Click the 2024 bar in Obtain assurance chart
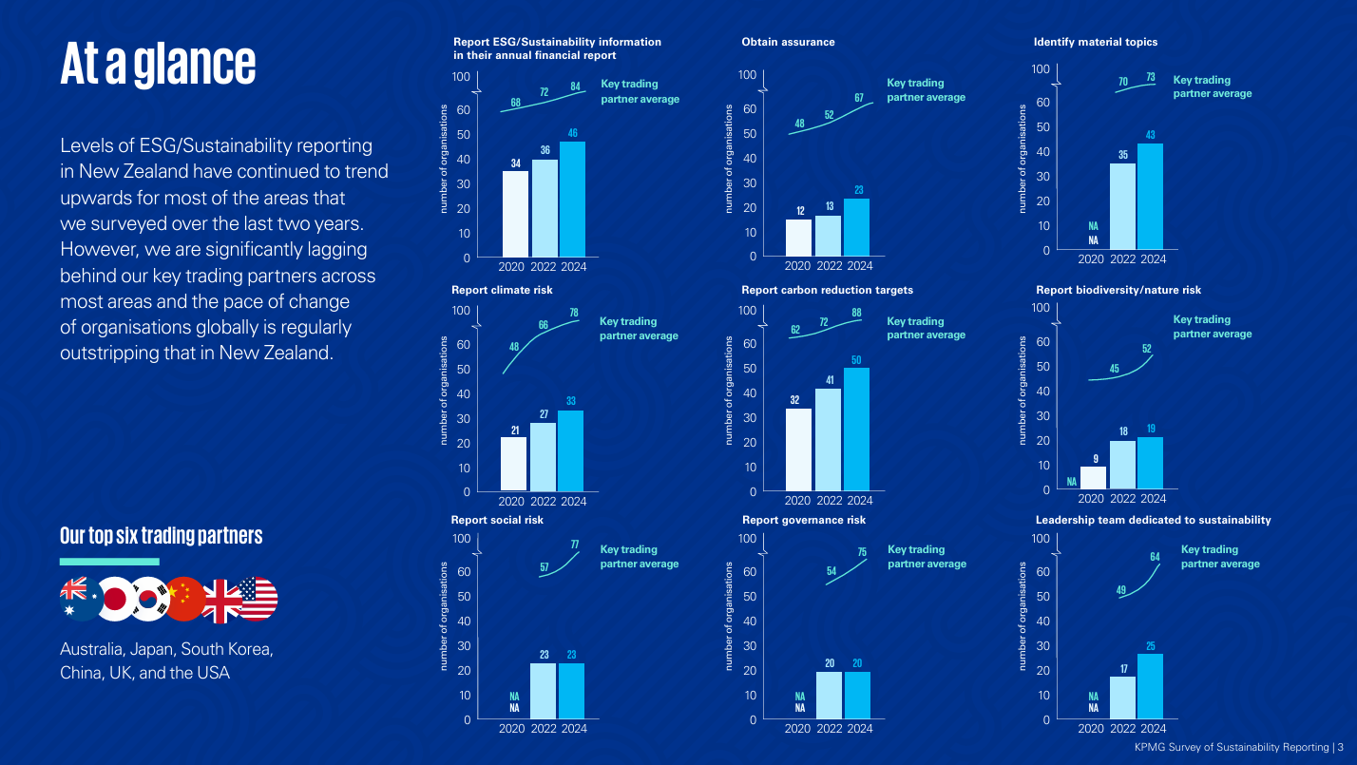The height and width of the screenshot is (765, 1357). click(856, 227)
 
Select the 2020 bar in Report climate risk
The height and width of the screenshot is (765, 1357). click(513, 464)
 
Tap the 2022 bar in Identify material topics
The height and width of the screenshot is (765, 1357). click(1122, 206)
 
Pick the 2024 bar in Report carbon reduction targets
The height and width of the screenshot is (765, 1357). click(856, 430)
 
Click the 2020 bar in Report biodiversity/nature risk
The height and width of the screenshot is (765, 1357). click(1093, 478)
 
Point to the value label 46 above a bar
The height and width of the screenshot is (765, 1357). click(573, 133)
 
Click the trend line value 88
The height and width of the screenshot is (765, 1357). click(856, 314)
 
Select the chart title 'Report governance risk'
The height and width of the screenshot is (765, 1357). click(803, 520)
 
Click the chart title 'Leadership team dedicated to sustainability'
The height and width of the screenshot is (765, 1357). click(1153, 520)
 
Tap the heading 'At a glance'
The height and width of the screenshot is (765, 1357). click(158, 63)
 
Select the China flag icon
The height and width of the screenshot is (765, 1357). click(185, 600)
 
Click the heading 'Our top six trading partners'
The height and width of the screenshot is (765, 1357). click(161, 536)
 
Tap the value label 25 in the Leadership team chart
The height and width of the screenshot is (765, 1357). click(1151, 646)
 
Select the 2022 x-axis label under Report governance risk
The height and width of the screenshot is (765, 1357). click(829, 729)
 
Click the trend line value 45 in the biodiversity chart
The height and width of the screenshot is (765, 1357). click(1114, 369)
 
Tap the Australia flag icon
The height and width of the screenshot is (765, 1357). click(80, 600)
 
